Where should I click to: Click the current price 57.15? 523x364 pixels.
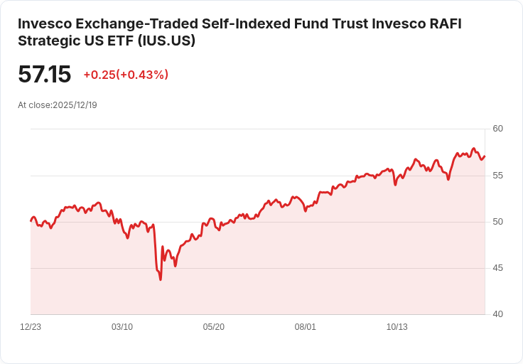click(45, 75)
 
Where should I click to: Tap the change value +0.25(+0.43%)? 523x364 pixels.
click(126, 75)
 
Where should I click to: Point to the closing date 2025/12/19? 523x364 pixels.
click(75, 105)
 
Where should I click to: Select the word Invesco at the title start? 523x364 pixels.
click(42, 23)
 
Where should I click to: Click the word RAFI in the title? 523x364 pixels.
click(444, 23)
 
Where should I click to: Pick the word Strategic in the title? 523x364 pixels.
click(45, 41)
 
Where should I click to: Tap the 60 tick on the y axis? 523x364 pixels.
click(497, 129)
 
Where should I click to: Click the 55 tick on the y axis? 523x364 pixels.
click(497, 175)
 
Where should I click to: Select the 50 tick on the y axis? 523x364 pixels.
click(497, 222)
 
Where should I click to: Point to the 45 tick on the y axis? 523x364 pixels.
click(497, 268)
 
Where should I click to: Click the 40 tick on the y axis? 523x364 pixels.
click(497, 314)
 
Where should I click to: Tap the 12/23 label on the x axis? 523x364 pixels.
click(31, 327)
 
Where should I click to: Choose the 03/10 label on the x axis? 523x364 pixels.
click(122, 327)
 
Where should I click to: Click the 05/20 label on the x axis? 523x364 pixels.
click(214, 327)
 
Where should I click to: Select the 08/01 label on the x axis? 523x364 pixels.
click(306, 327)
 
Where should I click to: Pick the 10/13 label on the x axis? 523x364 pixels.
click(397, 327)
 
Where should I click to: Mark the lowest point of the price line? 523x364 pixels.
click(161, 279)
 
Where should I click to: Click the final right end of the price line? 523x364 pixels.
click(485, 156)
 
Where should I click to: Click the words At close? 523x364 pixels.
click(34, 105)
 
